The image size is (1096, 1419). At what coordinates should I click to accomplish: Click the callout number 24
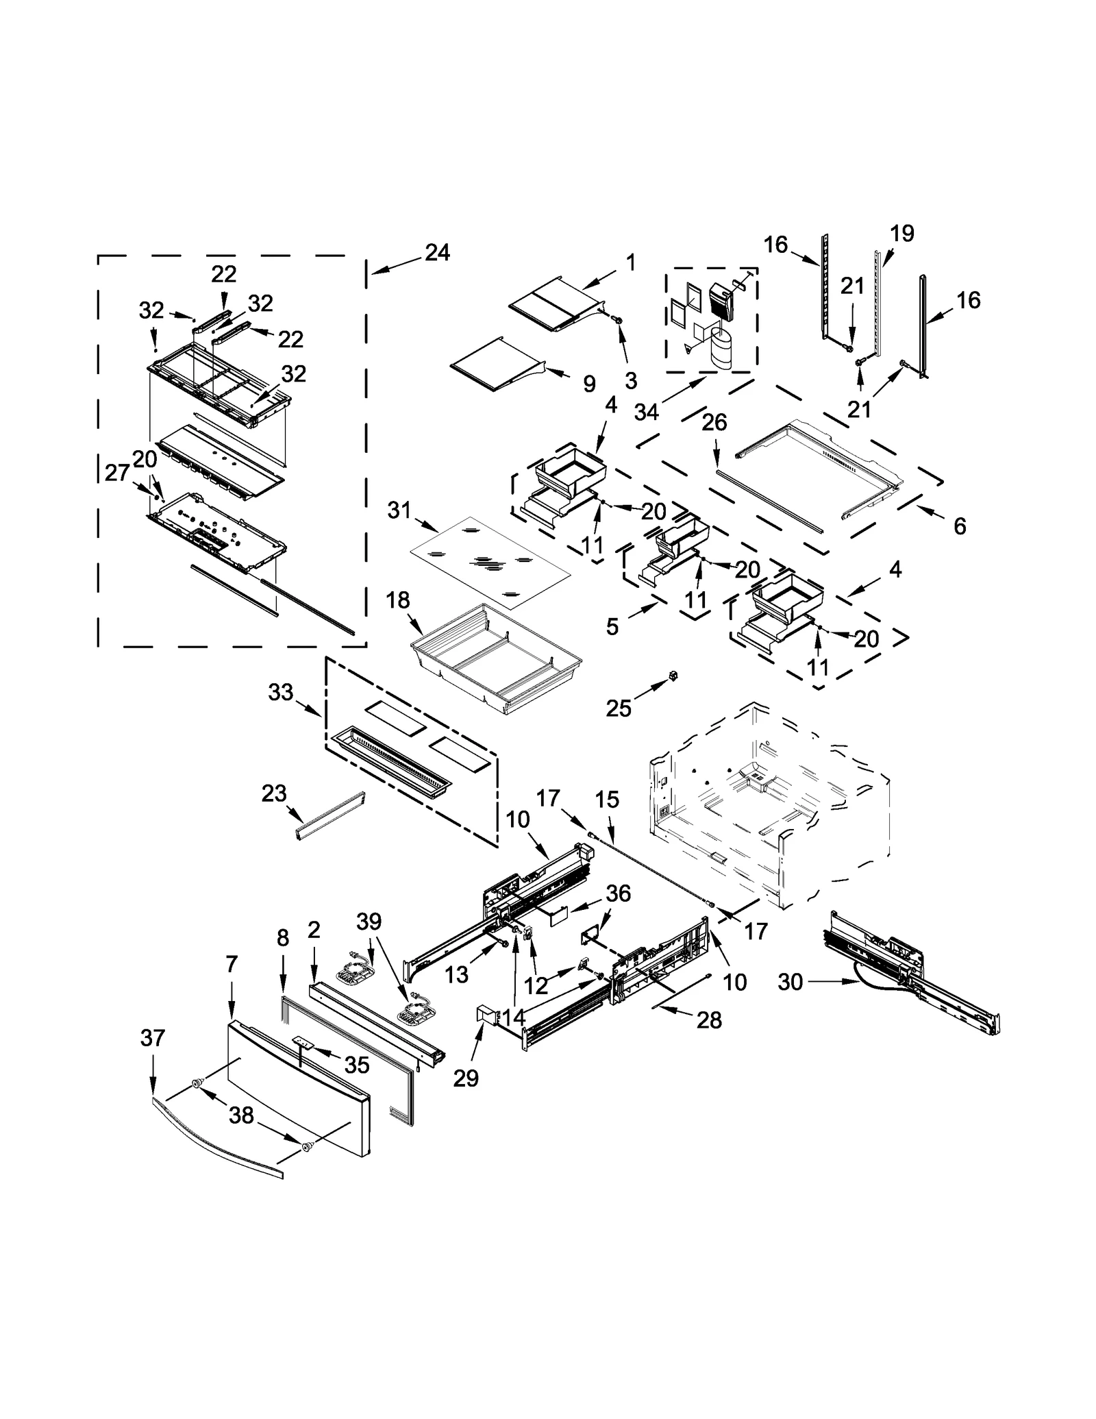pos(437,253)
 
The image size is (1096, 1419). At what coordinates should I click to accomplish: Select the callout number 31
pos(399,510)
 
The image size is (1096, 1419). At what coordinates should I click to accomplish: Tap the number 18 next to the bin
pos(397,600)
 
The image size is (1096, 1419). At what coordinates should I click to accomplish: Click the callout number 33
pos(280,693)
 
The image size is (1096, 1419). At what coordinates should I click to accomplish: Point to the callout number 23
pos(273,793)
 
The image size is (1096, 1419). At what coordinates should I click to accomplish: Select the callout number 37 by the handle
pos(153,1038)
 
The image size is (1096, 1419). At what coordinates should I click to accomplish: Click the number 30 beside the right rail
pos(790,982)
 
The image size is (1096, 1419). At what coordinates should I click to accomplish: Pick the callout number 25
pos(618,708)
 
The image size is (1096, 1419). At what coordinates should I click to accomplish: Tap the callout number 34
pos(646,412)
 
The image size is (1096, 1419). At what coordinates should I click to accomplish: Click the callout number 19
pos(902,234)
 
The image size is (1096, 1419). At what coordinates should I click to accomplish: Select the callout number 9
pos(589,384)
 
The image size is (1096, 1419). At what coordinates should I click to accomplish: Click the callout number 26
pos(714,423)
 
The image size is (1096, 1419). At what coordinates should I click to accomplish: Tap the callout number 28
pos(709,1020)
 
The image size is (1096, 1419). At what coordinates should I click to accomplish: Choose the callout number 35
pos(357,1064)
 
